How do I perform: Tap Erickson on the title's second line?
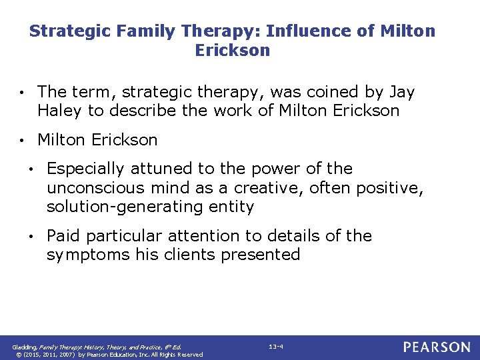[232, 51]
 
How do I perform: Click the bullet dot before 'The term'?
[23, 92]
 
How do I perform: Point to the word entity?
[232, 207]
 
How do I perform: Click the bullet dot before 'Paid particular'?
[32, 237]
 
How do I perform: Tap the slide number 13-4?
[275, 347]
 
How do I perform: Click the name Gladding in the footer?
[26, 347]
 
